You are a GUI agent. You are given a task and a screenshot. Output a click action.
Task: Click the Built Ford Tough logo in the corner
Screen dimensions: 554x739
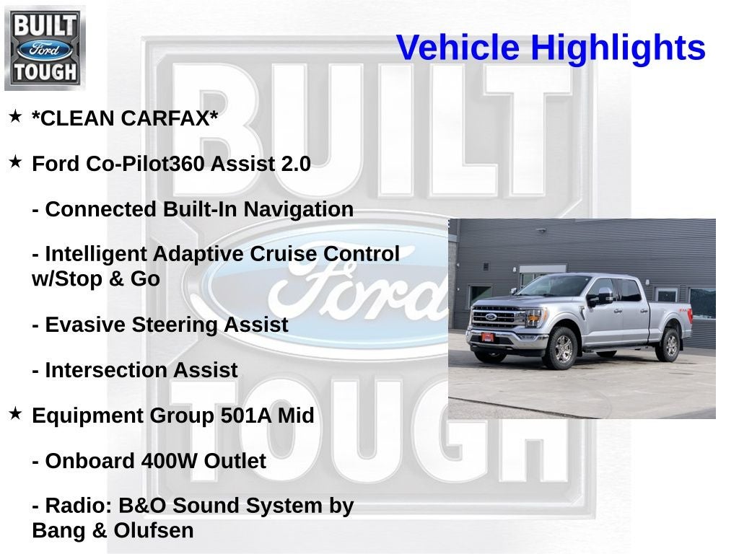pyautogui.click(x=45, y=48)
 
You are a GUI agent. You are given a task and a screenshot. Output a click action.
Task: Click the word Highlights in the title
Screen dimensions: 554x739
pyautogui.click(x=618, y=48)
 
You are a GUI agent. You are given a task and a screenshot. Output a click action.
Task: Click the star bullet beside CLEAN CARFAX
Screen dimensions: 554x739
pyautogui.click(x=15, y=116)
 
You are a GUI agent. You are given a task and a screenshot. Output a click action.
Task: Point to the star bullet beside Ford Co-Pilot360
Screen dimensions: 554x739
pyautogui.click(x=15, y=162)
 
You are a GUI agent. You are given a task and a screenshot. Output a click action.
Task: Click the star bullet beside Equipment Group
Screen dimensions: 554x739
pyautogui.click(x=15, y=413)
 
